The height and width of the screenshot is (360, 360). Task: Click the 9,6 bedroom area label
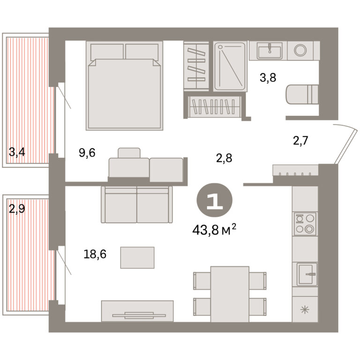click(x=87, y=153)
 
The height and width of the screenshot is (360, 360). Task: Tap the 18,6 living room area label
click(x=95, y=254)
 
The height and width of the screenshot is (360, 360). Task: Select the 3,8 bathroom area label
click(x=268, y=78)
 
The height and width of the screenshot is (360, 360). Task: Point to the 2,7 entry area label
click(x=300, y=141)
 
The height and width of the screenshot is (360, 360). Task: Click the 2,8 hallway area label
click(x=224, y=158)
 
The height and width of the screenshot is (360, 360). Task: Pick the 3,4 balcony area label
click(x=17, y=152)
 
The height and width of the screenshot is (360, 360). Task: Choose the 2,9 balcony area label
click(x=17, y=209)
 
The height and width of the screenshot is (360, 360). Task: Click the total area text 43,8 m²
click(x=214, y=230)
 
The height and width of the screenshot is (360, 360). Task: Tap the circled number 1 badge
click(x=214, y=200)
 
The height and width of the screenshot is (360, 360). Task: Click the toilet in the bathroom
click(x=302, y=94)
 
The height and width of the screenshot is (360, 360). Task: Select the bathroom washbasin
click(x=270, y=51)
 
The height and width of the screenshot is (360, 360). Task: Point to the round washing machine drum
click(x=300, y=50)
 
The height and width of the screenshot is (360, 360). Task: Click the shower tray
click(x=230, y=66)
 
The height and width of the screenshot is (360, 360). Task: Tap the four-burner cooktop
click(x=305, y=224)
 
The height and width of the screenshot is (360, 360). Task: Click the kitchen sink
click(x=306, y=274)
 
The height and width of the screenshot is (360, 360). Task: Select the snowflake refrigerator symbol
click(x=305, y=310)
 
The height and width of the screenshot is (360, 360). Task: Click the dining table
click(x=230, y=294)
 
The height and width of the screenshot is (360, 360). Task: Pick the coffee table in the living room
click(x=137, y=258)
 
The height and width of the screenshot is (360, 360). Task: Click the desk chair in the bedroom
click(x=129, y=153)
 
